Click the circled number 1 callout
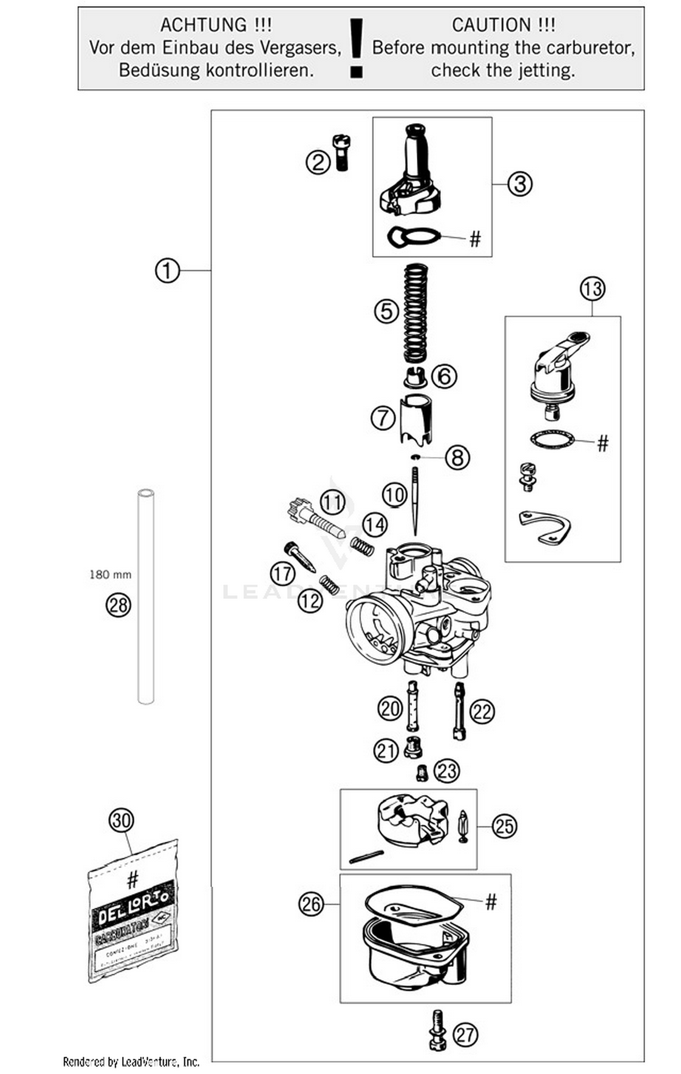[167, 271]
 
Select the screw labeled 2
[341, 152]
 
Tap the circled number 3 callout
[519, 184]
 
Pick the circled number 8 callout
[457, 457]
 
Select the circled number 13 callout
[592, 289]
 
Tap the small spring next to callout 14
[362, 545]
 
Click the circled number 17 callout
[282, 574]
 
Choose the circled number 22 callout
[482, 711]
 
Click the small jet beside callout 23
[422, 772]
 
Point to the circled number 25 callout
[504, 826]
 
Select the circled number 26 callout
[311, 904]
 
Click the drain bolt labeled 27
[437, 1035]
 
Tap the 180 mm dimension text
[110, 574]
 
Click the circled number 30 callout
[121, 820]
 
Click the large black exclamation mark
[356, 48]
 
